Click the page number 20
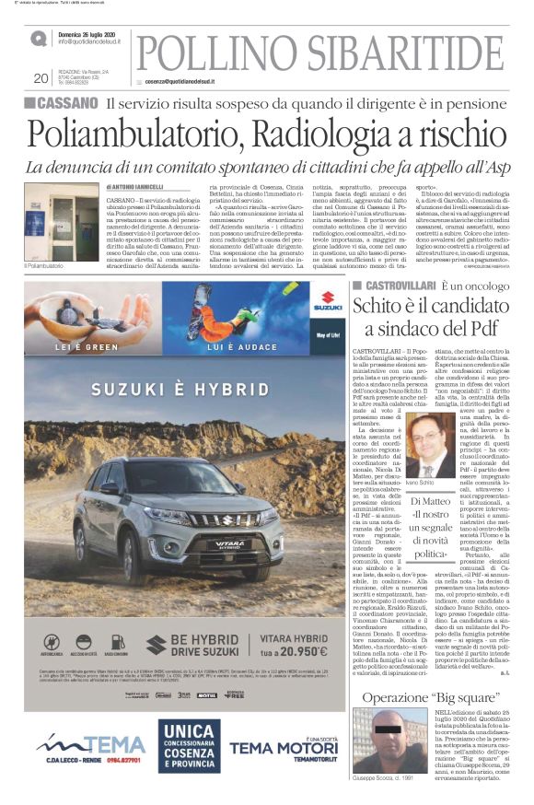[x=40, y=78]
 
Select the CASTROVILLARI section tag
[x=395, y=286]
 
